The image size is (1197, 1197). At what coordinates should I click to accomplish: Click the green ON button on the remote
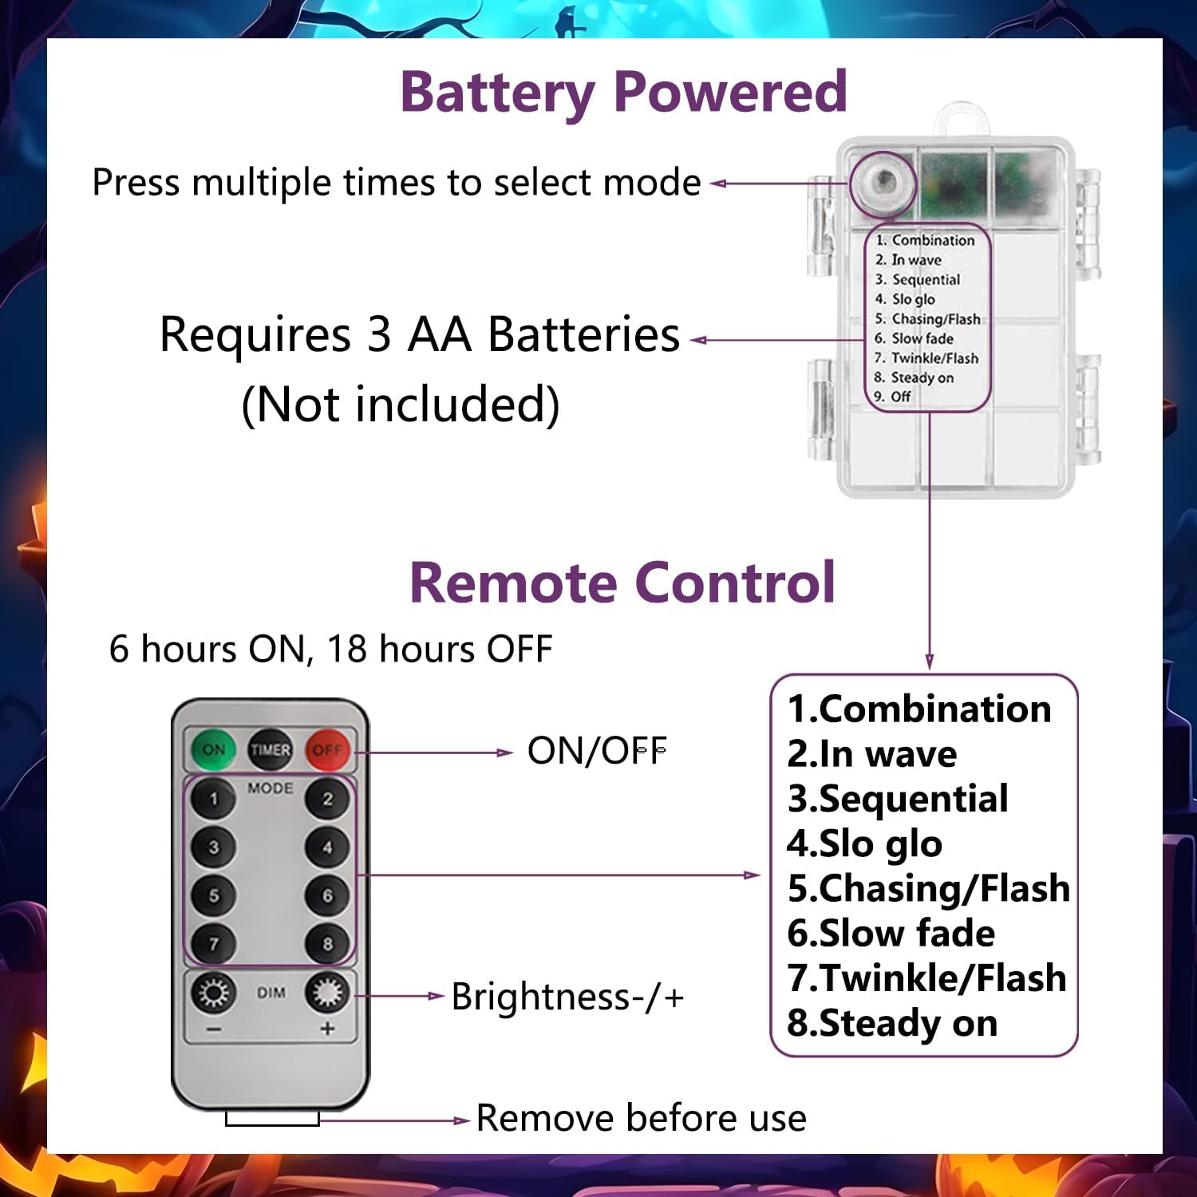(213, 749)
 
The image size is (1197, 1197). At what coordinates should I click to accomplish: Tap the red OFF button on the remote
(327, 749)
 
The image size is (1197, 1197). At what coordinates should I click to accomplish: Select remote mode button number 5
(213, 895)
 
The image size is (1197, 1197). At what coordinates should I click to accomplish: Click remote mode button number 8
(327, 944)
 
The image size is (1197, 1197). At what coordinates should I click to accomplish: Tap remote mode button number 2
(327, 799)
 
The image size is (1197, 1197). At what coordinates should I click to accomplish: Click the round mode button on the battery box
(883, 184)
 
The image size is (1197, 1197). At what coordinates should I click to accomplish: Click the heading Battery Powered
(622, 92)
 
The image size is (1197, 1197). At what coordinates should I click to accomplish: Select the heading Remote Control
(622, 583)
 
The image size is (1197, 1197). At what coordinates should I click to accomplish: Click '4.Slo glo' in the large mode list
(864, 843)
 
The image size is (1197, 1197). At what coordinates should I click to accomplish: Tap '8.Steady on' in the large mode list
(892, 1023)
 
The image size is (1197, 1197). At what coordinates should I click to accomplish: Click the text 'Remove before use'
(641, 1118)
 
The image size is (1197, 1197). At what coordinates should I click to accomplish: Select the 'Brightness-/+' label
(567, 997)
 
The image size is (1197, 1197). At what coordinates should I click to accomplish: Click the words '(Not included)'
(401, 404)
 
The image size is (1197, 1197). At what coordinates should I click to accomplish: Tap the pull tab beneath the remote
(272, 1119)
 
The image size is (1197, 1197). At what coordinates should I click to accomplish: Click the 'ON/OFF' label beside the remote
(597, 751)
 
